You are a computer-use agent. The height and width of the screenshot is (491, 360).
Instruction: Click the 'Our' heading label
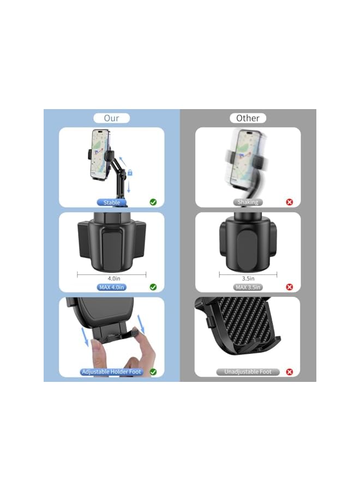(x=111, y=118)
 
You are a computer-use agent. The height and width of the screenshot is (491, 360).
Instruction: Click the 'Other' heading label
(x=248, y=118)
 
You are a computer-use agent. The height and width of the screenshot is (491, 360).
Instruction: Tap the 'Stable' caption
(x=112, y=202)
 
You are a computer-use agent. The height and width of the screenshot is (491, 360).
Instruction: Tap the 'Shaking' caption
(x=248, y=202)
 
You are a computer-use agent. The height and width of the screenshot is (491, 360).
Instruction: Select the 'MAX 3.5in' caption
(x=248, y=287)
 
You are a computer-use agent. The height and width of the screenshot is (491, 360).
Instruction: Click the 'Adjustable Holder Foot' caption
(x=111, y=372)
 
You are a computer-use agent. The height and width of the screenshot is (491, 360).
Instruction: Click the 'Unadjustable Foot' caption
(x=248, y=372)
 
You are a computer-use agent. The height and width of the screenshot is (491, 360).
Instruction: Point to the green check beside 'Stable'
(x=153, y=202)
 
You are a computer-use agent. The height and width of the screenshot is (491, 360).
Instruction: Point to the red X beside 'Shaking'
(x=289, y=202)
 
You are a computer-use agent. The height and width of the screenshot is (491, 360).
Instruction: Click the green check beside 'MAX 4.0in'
(x=153, y=287)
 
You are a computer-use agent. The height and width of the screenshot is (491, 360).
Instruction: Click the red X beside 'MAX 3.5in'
(x=289, y=287)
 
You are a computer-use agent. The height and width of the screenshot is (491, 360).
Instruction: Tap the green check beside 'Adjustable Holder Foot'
(x=153, y=372)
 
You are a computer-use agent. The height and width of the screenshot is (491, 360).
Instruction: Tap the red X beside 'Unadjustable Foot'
(x=289, y=372)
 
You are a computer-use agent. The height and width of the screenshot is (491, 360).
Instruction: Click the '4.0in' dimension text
(x=113, y=278)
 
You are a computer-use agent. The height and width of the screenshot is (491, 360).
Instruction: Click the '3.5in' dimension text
(x=248, y=278)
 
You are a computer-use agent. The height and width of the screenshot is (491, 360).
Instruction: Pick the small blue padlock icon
(x=130, y=173)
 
